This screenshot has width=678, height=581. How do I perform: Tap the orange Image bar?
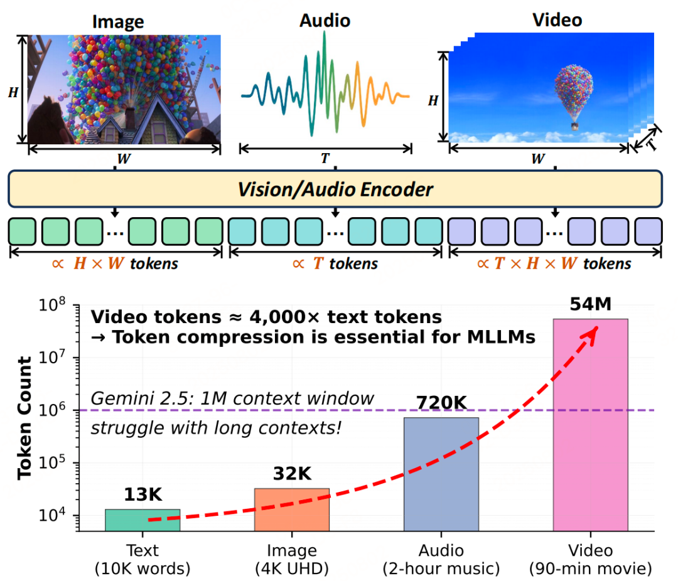tap(292, 509)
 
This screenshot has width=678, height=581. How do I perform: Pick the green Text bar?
tap(143, 520)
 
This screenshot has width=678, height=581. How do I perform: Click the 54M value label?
tap(590, 306)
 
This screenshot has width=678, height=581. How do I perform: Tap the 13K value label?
tap(143, 496)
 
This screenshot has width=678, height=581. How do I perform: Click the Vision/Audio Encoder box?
tap(335, 188)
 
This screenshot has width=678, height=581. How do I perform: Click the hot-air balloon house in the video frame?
tap(573, 94)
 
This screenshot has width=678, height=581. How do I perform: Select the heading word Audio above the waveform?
tap(325, 20)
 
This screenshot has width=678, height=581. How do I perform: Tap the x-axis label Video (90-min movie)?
tap(590, 560)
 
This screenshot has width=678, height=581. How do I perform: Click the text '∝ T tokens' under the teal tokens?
tap(335, 264)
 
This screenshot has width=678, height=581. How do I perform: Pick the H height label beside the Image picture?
tap(13, 92)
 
